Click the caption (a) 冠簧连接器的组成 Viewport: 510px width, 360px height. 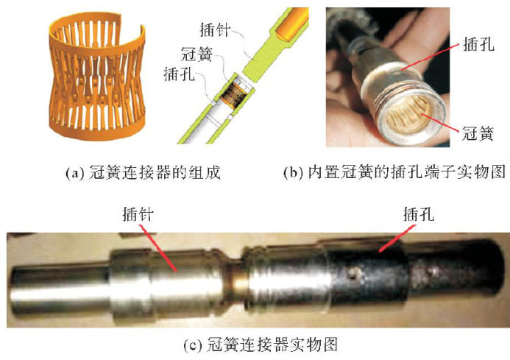tap(143, 172)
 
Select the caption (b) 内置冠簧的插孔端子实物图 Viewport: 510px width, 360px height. tap(394, 172)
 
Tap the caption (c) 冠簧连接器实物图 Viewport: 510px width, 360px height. tap(261, 345)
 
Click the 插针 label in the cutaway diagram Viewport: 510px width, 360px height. tap(215, 30)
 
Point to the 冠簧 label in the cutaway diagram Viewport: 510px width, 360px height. tap(196, 54)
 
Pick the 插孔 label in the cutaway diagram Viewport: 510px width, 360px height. tap(180, 74)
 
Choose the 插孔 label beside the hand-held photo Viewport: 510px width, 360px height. tap(478, 43)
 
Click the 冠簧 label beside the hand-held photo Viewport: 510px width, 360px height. tap(478, 133)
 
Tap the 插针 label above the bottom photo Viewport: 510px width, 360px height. tap(138, 214)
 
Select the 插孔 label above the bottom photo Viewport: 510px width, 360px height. tap(419, 214)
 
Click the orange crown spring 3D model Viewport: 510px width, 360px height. tap(97, 77)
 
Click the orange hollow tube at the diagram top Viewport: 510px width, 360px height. tap(291, 23)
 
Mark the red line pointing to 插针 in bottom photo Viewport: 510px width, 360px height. tap(159, 248)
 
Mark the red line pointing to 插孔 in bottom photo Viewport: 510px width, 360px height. tap(397, 239)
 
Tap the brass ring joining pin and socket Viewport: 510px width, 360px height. tap(239, 283)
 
